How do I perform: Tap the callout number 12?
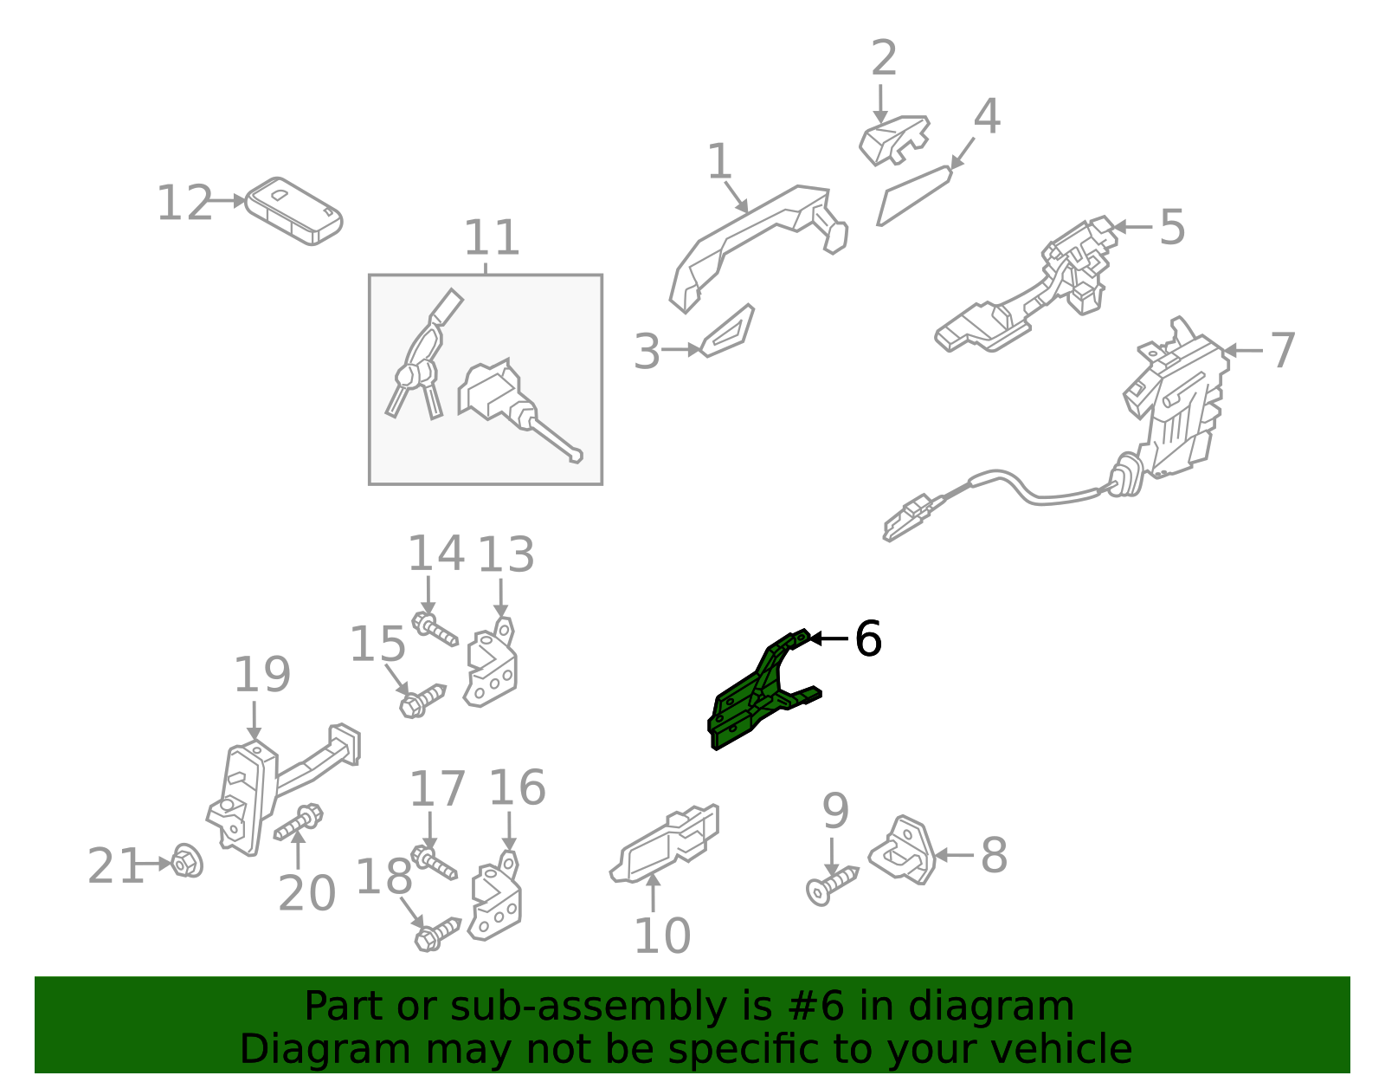point(184,203)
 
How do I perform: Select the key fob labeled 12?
point(293,211)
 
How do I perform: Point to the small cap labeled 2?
point(893,140)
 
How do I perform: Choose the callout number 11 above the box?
point(492,237)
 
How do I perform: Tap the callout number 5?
point(1171,227)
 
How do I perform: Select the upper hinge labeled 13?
point(492,662)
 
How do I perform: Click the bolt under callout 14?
point(435,628)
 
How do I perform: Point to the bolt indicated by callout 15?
point(422,702)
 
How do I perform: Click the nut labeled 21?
point(187,861)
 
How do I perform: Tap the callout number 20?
point(306,893)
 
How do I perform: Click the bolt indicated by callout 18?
point(436,935)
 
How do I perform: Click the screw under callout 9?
point(831,885)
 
